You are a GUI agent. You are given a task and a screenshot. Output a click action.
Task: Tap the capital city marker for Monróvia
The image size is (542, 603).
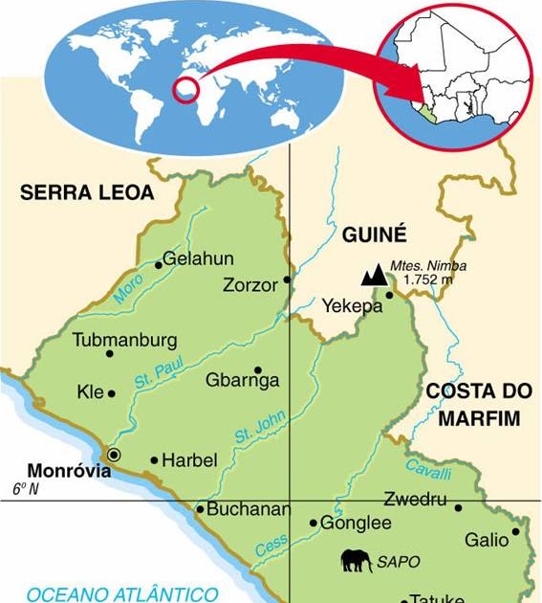click(x=115, y=455)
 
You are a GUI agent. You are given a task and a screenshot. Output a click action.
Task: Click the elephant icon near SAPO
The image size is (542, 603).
click(x=357, y=561)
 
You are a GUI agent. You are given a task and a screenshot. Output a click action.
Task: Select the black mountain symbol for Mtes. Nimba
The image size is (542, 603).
click(x=374, y=276)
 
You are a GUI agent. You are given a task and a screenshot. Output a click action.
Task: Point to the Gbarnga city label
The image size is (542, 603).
click(x=243, y=381)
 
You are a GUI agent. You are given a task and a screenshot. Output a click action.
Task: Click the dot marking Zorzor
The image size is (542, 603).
click(x=287, y=281)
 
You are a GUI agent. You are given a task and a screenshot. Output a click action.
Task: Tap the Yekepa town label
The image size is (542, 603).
click(x=352, y=306)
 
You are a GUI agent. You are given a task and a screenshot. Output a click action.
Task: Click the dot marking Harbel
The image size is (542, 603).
click(x=154, y=460)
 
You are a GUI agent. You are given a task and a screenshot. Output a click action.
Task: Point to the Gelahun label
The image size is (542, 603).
click(x=198, y=258)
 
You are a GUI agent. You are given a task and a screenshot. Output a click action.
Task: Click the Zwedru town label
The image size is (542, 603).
click(x=415, y=499)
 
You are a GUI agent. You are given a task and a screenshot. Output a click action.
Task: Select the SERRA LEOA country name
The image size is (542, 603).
click(x=87, y=192)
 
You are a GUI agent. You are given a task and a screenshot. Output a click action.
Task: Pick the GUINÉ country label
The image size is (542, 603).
click(x=374, y=234)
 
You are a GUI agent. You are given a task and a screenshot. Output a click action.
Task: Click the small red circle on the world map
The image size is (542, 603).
click(x=185, y=90)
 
